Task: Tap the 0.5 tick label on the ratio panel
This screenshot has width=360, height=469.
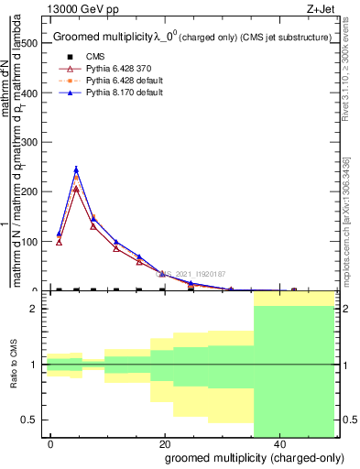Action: pyautogui.click(x=28, y=420)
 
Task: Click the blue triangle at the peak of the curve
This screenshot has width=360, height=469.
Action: pyautogui.click(x=76, y=169)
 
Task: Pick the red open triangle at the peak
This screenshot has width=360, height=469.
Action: pyautogui.click(x=76, y=190)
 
